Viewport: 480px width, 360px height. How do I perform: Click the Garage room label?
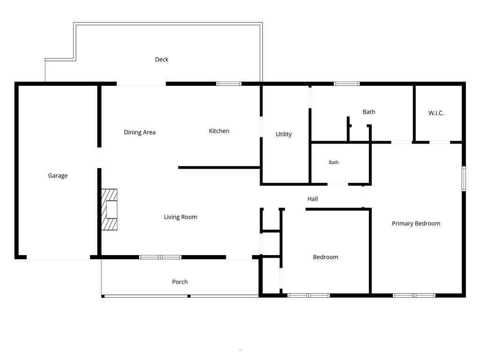point(58,176)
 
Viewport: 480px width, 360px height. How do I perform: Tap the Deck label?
point(162,60)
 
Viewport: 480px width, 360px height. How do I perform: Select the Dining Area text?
point(140,132)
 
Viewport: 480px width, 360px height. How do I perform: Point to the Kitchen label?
point(219,131)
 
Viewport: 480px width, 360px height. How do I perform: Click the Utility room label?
point(284,134)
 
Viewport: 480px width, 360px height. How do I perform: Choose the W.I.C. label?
point(436,113)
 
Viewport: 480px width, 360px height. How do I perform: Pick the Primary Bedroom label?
point(416,224)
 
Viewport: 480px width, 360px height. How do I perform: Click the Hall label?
point(313,199)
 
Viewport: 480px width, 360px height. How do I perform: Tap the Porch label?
point(180,282)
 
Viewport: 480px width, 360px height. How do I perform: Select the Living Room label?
point(180,217)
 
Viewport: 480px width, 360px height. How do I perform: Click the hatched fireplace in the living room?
point(109,210)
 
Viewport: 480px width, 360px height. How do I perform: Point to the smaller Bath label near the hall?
point(334,162)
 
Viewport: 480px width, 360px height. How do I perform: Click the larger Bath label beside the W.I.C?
point(369,112)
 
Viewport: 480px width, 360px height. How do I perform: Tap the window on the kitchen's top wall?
point(229,83)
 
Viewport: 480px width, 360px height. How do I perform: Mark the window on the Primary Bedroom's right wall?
point(464,179)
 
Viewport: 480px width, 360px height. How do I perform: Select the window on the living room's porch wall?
point(160,257)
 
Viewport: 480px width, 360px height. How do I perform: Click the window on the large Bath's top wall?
point(346,83)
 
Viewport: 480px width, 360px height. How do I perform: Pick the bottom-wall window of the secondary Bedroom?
point(308,295)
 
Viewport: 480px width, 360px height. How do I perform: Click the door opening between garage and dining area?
point(99,157)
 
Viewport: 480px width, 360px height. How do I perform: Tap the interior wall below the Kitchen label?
point(219,167)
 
